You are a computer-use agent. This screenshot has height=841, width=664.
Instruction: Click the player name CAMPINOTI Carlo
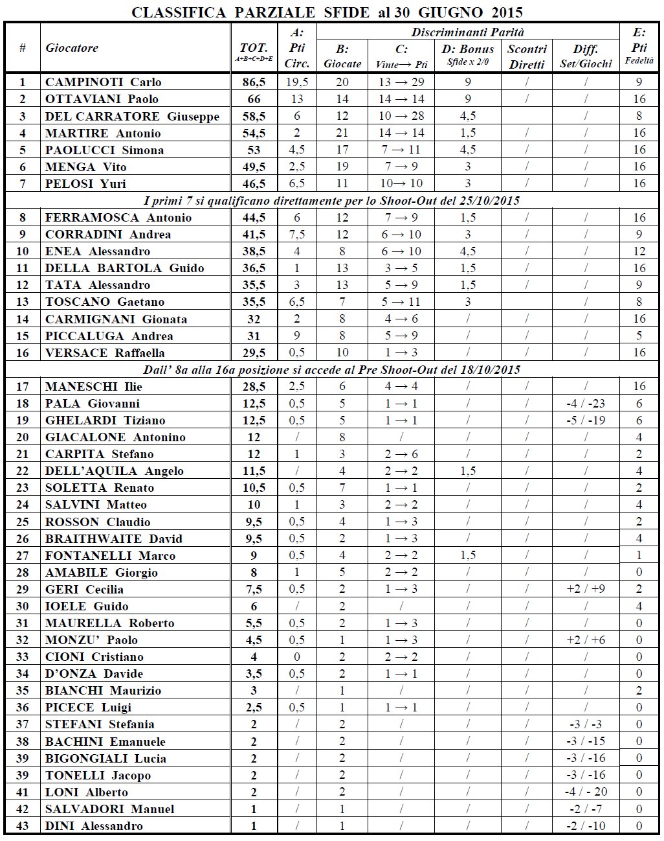point(103,82)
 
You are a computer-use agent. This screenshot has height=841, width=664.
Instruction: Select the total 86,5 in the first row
point(254,82)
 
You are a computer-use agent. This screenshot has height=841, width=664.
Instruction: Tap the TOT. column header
point(254,48)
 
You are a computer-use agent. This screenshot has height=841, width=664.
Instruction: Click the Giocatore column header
point(72,48)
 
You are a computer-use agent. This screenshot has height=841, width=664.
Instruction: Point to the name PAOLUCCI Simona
point(104,150)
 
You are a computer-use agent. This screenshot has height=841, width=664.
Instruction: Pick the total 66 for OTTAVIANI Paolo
point(254,99)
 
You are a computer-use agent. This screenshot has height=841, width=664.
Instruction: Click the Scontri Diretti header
point(527,56)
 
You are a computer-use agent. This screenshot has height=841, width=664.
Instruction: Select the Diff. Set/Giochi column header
point(586,56)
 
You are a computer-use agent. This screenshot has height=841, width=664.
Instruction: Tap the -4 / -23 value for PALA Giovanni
point(586,404)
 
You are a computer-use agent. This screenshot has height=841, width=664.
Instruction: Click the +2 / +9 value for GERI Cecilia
point(586,589)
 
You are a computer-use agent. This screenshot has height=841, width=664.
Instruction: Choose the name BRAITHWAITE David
point(114,539)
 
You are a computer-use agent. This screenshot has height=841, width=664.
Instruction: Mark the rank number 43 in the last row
point(23,826)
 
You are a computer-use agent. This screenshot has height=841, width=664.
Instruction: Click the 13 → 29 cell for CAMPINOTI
point(401,82)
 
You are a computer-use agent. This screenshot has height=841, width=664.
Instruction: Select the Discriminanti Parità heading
point(467,32)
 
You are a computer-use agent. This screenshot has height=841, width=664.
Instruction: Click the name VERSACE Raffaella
point(105,353)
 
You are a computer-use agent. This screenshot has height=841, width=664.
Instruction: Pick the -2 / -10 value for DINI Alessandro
point(586,826)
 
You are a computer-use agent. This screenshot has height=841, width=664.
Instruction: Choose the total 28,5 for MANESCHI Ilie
point(254,387)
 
